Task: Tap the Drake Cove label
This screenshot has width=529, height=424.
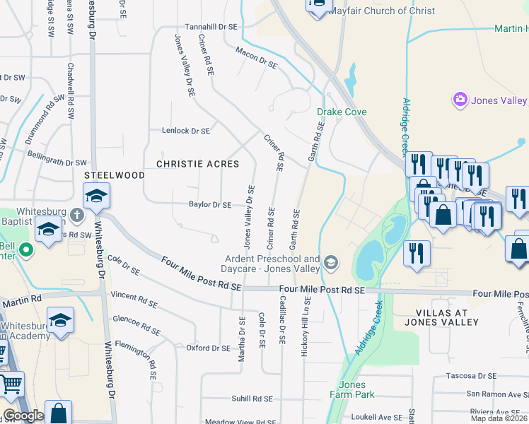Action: click(342, 112)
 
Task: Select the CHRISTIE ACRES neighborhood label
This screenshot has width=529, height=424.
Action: click(197, 164)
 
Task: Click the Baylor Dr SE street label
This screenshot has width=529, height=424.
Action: click(210, 205)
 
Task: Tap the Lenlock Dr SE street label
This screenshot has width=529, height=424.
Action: click(186, 131)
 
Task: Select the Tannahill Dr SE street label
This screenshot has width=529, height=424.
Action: click(211, 26)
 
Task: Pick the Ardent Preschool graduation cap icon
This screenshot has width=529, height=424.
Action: click(330, 264)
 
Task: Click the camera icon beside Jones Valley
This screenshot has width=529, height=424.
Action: click(460, 100)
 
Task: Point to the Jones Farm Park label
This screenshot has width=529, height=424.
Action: click(351, 389)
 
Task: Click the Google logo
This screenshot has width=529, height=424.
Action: click(23, 416)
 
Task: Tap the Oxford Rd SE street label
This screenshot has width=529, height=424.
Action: click(208, 348)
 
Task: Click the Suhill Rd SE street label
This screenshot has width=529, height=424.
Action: click(252, 399)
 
